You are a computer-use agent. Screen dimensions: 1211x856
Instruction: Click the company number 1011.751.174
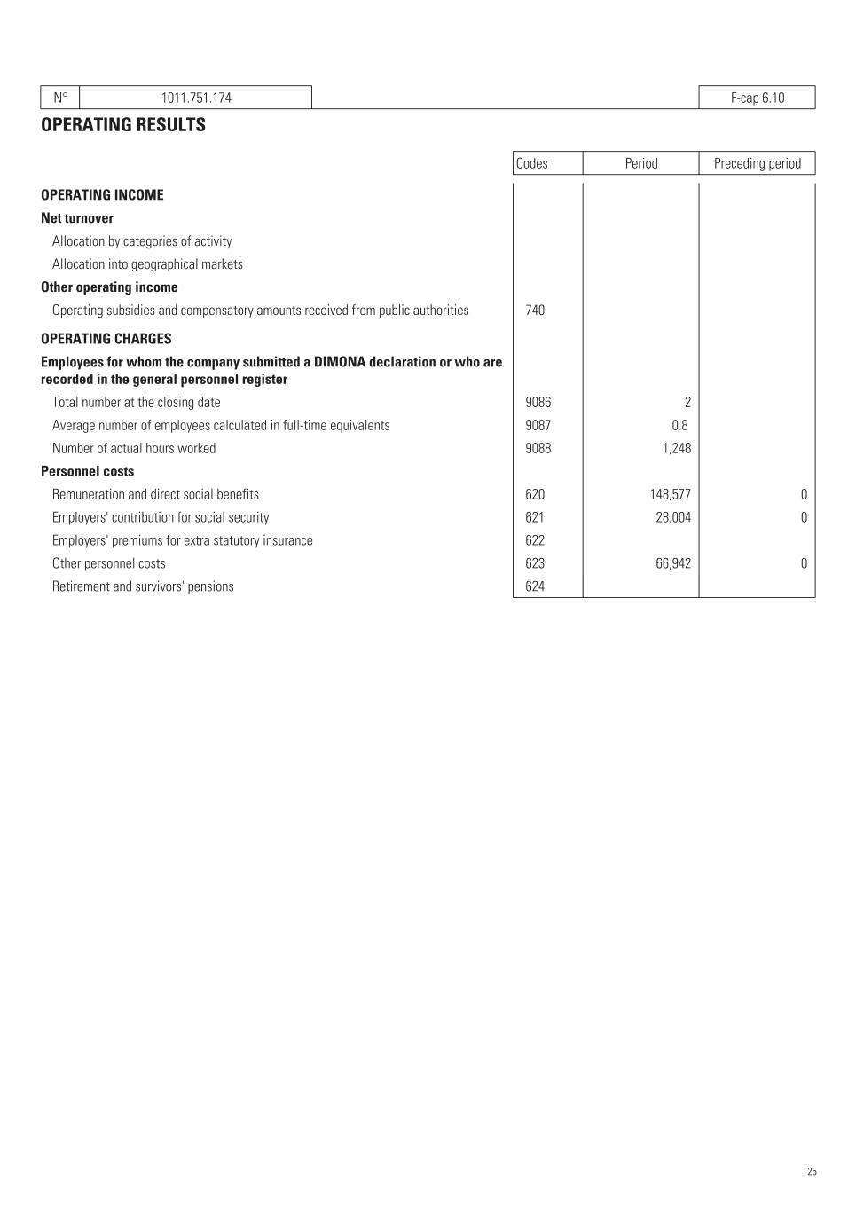click(x=196, y=98)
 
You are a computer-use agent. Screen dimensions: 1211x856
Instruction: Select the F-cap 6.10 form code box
click(x=757, y=98)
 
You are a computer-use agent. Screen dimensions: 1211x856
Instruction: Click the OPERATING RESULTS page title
click(x=123, y=125)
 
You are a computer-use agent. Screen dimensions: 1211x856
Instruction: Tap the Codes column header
click(x=532, y=163)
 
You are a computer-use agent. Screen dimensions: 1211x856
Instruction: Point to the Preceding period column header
click(x=757, y=163)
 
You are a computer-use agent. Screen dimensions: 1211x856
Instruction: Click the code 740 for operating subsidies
click(x=535, y=311)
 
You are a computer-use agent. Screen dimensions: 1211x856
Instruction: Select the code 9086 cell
click(x=538, y=403)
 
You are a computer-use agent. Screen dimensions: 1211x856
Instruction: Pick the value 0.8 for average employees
click(x=679, y=426)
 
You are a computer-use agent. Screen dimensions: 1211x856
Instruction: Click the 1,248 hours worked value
click(x=676, y=449)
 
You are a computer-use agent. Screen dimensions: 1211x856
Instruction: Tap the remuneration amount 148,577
click(x=670, y=495)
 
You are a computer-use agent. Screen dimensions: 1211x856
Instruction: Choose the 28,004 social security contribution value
click(x=673, y=518)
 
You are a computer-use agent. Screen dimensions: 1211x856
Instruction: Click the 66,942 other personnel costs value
click(x=673, y=564)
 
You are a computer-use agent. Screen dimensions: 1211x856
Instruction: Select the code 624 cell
click(x=535, y=587)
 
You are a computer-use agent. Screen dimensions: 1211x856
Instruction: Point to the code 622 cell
click(x=535, y=541)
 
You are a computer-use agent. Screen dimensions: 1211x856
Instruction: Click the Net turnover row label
click(x=77, y=218)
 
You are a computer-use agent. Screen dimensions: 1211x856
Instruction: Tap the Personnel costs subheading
click(x=87, y=472)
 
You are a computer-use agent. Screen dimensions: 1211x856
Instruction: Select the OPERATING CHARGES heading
click(x=106, y=339)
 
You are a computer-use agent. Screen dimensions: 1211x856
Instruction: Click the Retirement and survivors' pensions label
click(x=143, y=587)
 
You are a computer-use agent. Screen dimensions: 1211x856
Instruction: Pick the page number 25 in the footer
click(x=812, y=1172)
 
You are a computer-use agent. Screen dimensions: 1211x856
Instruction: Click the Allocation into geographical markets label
click(x=147, y=264)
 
